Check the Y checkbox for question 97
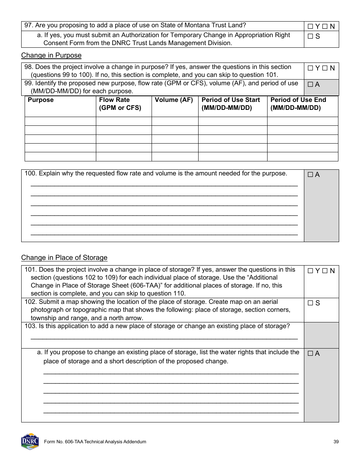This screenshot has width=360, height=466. (310, 27)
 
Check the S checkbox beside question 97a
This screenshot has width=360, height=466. (310, 37)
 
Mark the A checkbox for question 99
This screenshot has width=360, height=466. (310, 84)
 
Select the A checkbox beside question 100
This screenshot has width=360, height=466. (310, 175)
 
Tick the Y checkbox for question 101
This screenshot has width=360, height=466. (310, 271)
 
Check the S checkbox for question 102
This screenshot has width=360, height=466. (310, 303)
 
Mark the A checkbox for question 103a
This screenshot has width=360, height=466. (310, 353)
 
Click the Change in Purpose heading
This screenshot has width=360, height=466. (51, 55)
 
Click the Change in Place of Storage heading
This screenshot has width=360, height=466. (64, 258)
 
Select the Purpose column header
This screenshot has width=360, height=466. (41, 100)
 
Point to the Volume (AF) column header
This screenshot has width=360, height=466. (174, 100)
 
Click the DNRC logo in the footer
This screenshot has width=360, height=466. (30, 441)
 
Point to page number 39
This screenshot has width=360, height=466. (336, 442)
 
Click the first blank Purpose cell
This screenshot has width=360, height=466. (60, 121)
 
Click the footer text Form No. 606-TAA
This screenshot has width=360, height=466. (95, 442)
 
